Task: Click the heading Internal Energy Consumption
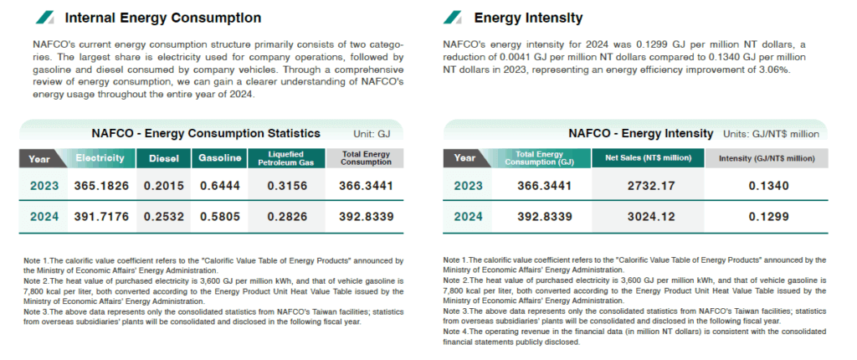(x=162, y=18)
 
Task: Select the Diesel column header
(x=164, y=158)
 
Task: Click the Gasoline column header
(x=220, y=158)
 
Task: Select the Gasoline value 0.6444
(x=220, y=186)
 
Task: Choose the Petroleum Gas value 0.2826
(x=286, y=216)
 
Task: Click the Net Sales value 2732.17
(x=646, y=186)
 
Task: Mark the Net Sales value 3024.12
(x=646, y=216)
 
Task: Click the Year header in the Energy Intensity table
(x=464, y=158)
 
